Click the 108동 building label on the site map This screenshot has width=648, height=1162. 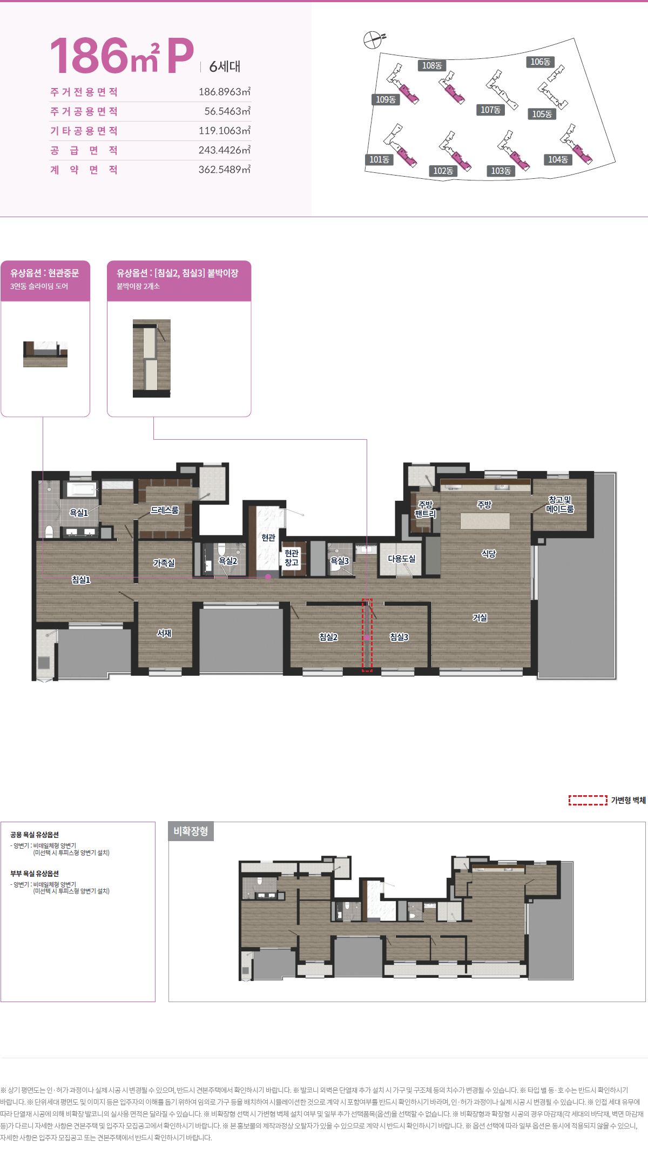point(432,65)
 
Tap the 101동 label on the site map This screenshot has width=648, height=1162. point(379,159)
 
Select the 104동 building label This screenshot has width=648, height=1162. point(558,159)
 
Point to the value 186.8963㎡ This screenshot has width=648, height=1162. point(225,92)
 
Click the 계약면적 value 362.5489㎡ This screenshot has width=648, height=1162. point(225,170)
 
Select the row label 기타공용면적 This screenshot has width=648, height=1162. point(84,131)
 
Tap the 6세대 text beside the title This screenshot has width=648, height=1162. point(225,66)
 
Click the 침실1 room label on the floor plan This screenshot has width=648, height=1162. point(81,580)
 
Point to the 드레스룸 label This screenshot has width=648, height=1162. point(165,510)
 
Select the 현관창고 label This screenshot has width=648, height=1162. point(292,558)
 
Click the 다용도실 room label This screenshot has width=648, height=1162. point(402,559)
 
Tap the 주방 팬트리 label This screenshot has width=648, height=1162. point(426,509)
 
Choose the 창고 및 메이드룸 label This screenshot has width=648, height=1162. point(560,505)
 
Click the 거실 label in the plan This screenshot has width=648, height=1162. point(480,617)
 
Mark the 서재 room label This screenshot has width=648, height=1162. point(164,633)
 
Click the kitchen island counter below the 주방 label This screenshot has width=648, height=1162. point(485,521)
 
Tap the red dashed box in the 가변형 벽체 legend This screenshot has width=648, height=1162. point(588,800)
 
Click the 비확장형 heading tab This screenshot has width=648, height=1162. point(191,831)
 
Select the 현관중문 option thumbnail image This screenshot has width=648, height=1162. point(45,354)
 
